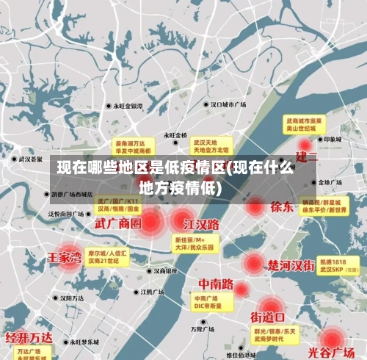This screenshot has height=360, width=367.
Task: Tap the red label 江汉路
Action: click(x=201, y=223)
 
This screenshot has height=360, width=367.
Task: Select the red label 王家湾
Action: click(x=65, y=258)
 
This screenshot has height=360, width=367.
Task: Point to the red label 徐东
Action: click(x=282, y=206)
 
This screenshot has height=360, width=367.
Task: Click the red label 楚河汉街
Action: click(x=291, y=264)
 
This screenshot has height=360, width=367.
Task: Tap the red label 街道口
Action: click(x=268, y=317)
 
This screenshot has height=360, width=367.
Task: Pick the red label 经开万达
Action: click(x=29, y=338)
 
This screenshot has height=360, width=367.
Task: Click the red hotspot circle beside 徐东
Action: click(x=255, y=206)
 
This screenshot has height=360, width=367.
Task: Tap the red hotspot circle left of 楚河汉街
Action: click(x=253, y=263)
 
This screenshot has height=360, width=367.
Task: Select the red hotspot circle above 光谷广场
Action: click(x=333, y=337)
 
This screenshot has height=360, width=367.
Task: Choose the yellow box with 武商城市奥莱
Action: click(x=305, y=123)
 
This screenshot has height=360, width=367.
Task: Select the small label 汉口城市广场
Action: click(x=228, y=105)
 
